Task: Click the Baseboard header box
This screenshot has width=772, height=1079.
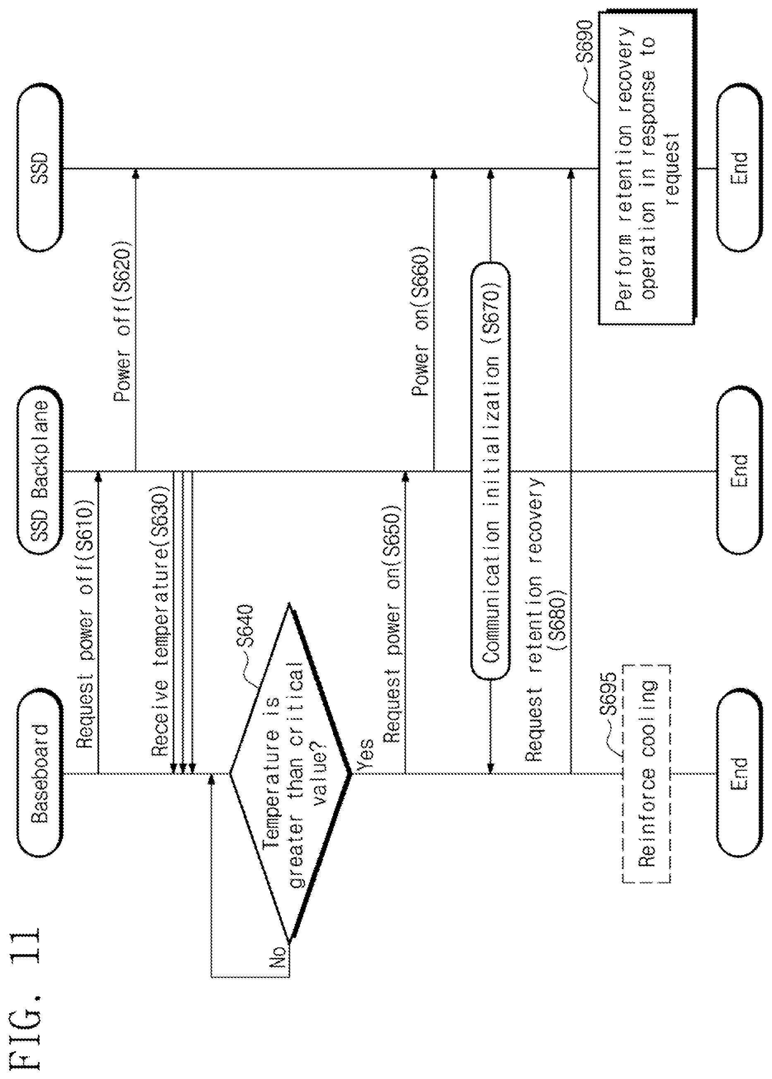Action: click(40, 773)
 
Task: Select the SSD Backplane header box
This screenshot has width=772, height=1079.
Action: click(40, 471)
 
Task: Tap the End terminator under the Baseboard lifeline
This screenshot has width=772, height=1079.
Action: click(740, 773)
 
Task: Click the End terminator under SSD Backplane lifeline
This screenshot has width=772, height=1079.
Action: click(740, 471)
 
